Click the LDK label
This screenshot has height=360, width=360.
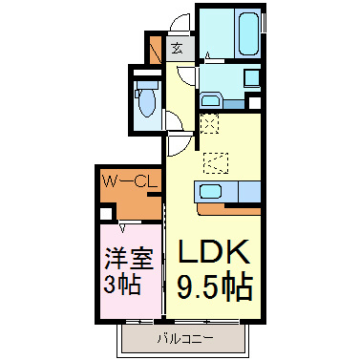click(213, 252)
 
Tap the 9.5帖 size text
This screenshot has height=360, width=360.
click(213, 283)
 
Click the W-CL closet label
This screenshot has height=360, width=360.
click(124, 180)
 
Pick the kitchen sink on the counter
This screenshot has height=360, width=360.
click(209, 190)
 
